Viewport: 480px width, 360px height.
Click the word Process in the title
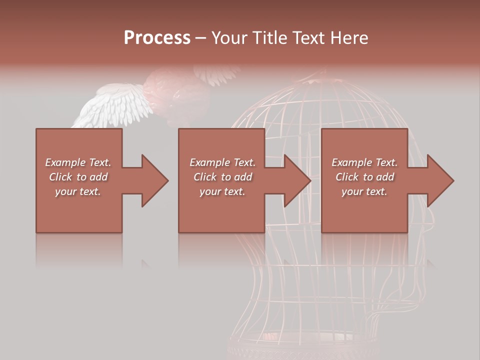coord(157,38)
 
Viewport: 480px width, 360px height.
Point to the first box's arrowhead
coord(152,180)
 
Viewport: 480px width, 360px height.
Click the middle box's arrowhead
coord(295,180)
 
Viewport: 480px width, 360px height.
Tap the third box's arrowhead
coord(438,180)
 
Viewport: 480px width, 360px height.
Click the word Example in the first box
coord(65,162)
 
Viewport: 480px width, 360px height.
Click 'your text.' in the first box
coord(78,191)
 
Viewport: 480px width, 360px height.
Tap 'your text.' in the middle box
coord(222,191)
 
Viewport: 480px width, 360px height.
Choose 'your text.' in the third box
coord(364,191)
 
